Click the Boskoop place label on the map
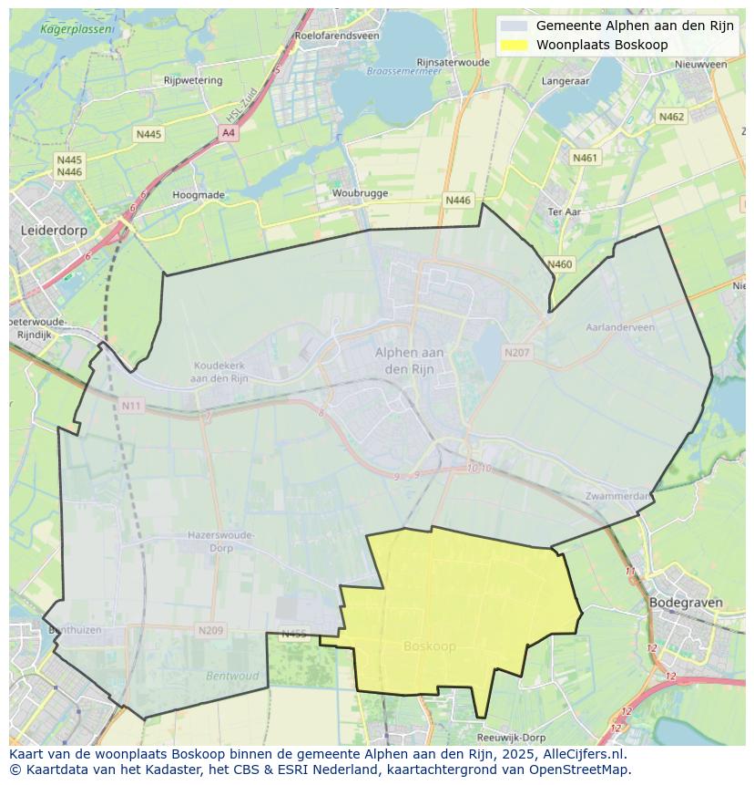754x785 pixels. click(x=429, y=646)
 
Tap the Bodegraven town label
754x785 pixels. click(x=685, y=603)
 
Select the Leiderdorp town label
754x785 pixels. click(x=54, y=231)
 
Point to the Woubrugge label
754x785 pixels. click(x=360, y=193)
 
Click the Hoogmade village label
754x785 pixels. click(x=199, y=195)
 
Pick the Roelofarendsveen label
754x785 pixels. click(x=337, y=36)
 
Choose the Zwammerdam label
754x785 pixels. click(x=618, y=496)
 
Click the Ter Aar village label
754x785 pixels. click(x=565, y=212)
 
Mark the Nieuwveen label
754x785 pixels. click(x=701, y=65)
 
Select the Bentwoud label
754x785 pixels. click(x=232, y=677)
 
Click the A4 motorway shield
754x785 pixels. click(x=228, y=133)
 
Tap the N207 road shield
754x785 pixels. click(x=516, y=352)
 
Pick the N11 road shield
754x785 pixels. click(x=131, y=405)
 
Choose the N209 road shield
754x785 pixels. click(x=210, y=630)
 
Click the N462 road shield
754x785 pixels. click(x=671, y=117)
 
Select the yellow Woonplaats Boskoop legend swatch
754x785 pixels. click(x=515, y=45)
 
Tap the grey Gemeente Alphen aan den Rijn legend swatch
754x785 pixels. click(x=515, y=26)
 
